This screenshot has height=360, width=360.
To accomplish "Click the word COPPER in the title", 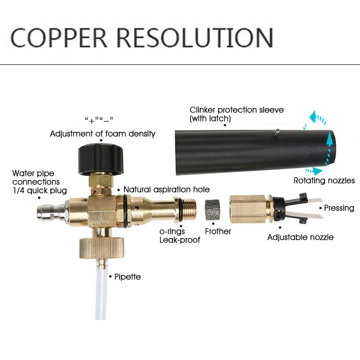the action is [x=59, y=38].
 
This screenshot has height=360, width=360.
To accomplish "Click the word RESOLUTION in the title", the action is [x=195, y=38].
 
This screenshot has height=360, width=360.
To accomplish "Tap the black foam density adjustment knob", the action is [x=101, y=159].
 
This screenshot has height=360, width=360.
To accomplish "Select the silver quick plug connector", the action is [x=52, y=211].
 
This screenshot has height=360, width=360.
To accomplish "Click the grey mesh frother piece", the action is [x=212, y=210].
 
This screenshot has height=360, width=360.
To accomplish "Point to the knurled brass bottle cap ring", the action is [x=102, y=248].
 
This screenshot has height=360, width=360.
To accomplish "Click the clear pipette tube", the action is [x=101, y=294].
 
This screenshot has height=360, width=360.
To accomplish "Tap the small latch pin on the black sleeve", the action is [x=277, y=133].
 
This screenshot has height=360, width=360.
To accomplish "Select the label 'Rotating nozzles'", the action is [x=324, y=180].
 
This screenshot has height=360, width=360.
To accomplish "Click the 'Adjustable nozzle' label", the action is [x=300, y=237].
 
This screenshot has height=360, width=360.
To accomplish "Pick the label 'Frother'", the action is [x=218, y=231].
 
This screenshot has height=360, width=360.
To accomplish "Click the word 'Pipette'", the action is [x=127, y=277].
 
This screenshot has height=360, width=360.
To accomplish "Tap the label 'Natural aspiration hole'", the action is [x=166, y=189].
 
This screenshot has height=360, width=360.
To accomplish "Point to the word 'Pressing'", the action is [x=339, y=208].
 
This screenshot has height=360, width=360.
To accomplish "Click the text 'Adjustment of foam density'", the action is [x=103, y=134].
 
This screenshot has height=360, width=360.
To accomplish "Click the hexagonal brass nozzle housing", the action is [x=247, y=209].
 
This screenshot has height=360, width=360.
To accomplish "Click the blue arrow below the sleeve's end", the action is [x=314, y=171].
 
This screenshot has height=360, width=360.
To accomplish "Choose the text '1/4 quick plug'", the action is [x=40, y=190].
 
